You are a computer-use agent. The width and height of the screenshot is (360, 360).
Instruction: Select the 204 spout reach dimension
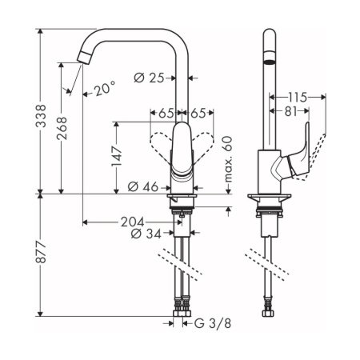click(x=134, y=222)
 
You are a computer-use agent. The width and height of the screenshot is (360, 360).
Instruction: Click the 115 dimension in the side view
click(x=298, y=95)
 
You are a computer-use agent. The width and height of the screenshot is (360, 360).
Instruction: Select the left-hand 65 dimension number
click(x=166, y=114)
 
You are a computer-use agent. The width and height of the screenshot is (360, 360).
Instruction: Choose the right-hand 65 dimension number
click(x=201, y=114)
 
